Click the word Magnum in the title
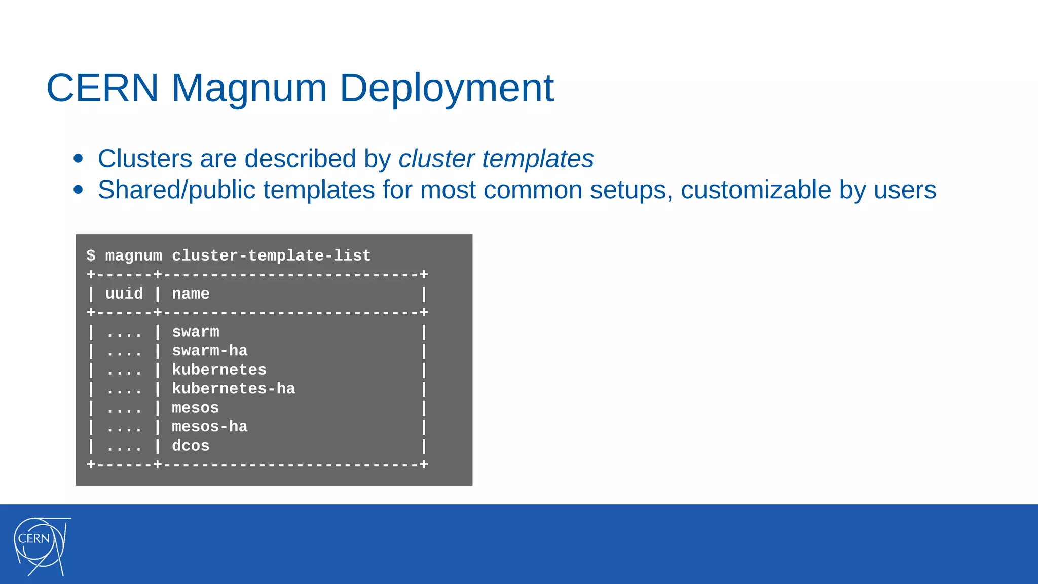[x=249, y=88]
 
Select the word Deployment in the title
[x=447, y=88]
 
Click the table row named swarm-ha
[x=209, y=351]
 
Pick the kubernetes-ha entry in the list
[x=233, y=389]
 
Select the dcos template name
[x=191, y=446]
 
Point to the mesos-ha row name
[x=209, y=427]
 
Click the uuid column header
[x=124, y=294]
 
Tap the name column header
[x=191, y=294]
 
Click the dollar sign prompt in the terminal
[x=91, y=255]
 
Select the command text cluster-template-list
[x=271, y=255]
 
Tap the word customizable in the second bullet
[x=756, y=190]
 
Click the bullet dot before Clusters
[x=78, y=158]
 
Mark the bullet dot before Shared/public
[x=78, y=190]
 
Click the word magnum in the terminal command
[x=134, y=255]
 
